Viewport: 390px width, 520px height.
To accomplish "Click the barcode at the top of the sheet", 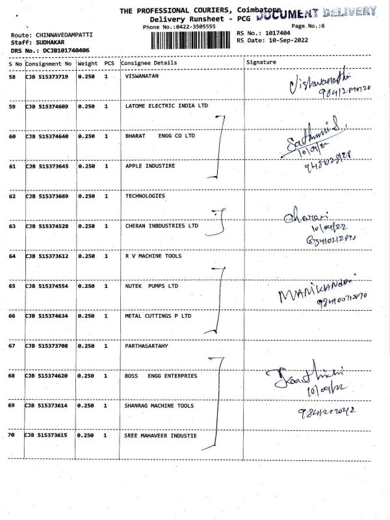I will [x=192, y=40].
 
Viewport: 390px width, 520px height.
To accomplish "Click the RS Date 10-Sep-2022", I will [x=285, y=40].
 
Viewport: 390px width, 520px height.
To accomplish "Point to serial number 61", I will [x=12, y=166].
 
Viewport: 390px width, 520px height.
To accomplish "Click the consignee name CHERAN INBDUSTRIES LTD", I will [x=162, y=226].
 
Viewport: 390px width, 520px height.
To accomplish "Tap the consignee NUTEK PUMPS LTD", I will [x=151, y=286].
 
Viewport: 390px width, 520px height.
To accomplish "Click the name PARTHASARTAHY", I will [x=146, y=346].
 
